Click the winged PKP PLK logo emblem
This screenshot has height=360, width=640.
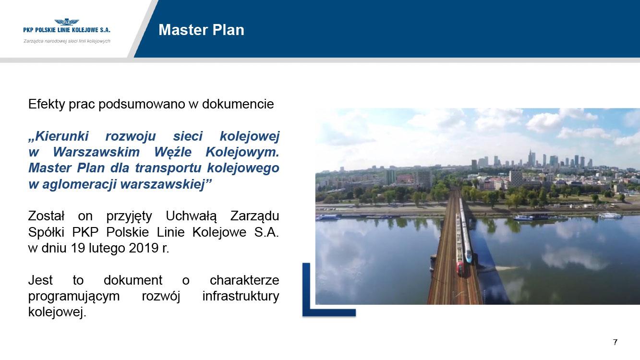pyautogui.click(x=67, y=22)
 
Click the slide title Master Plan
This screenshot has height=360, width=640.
pyautogui.click(x=202, y=30)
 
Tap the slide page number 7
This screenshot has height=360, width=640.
pyautogui.click(x=615, y=342)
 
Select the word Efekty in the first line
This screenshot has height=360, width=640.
pyautogui.click(x=47, y=104)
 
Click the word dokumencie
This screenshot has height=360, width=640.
pyautogui.click(x=238, y=104)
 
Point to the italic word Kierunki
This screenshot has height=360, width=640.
pyautogui.click(x=59, y=136)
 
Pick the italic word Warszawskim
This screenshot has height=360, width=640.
pyautogui.click(x=97, y=152)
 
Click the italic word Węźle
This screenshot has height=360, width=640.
pyautogui.click(x=173, y=152)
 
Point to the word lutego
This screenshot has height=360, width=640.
pyautogui.click(x=107, y=248)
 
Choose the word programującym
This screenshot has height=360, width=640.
pyautogui.click(x=74, y=297)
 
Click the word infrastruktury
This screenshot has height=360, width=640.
pyautogui.click(x=241, y=296)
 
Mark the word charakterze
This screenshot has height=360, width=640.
pyautogui.click(x=244, y=280)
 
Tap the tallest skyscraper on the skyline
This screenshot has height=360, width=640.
pyautogui.click(x=530, y=158)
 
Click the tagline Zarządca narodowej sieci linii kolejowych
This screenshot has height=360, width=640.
pyautogui.click(x=67, y=41)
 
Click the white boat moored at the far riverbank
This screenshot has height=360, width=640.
pyautogui.click(x=610, y=216)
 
